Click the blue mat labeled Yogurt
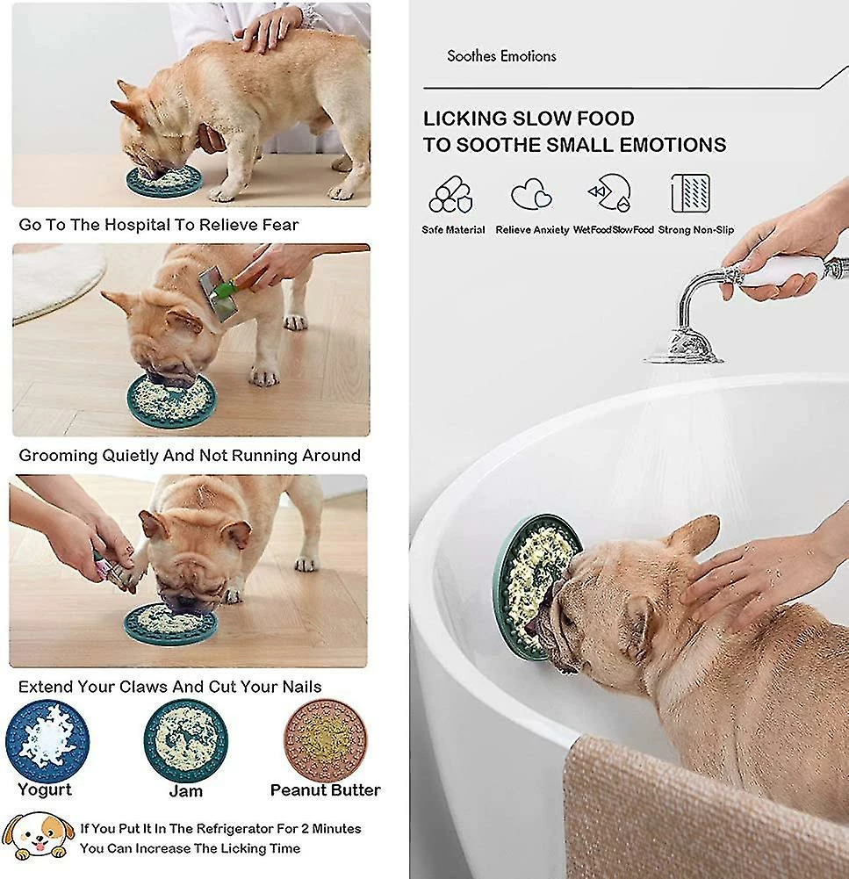coord(47,740)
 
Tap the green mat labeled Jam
coord(185,740)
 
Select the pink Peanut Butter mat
coord(325,739)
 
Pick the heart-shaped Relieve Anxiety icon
coord(532,194)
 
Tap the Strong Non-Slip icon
coord(690,193)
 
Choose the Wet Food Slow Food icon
coord(609,194)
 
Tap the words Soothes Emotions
coord(501,56)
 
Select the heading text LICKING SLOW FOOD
coord(529,119)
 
